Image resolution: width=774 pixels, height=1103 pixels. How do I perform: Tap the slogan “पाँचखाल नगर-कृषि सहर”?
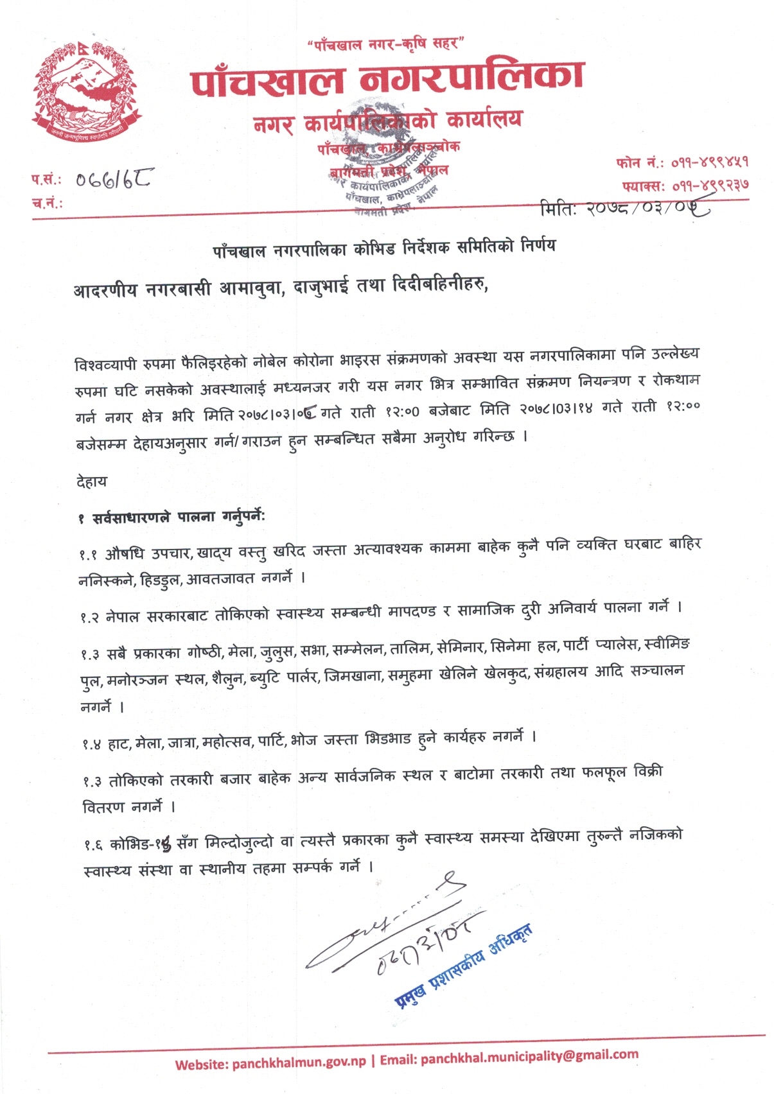point(385,44)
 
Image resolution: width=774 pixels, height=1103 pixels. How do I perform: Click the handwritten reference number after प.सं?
point(113,178)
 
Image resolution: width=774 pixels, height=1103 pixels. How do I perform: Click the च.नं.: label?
point(47,204)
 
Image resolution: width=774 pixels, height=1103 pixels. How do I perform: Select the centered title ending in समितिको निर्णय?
point(384,248)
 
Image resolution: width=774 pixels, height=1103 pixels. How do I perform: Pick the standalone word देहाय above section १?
point(92,482)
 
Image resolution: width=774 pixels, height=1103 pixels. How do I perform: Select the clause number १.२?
point(89,617)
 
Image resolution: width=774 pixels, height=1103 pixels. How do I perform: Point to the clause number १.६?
point(92,845)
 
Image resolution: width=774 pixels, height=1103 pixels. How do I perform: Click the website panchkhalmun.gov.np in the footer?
point(299,1063)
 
